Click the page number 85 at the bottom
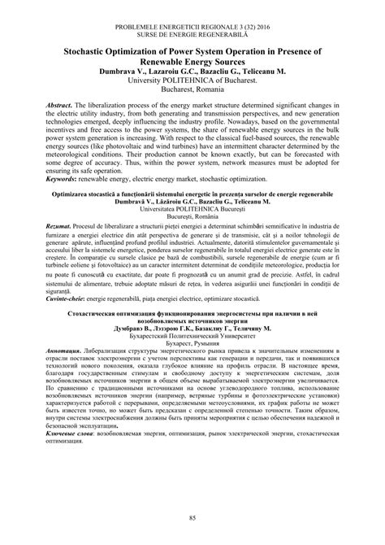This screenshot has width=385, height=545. [x=192, y=519]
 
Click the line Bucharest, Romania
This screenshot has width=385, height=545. [x=192, y=93]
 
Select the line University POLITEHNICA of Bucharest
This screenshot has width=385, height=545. [x=192, y=82]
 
